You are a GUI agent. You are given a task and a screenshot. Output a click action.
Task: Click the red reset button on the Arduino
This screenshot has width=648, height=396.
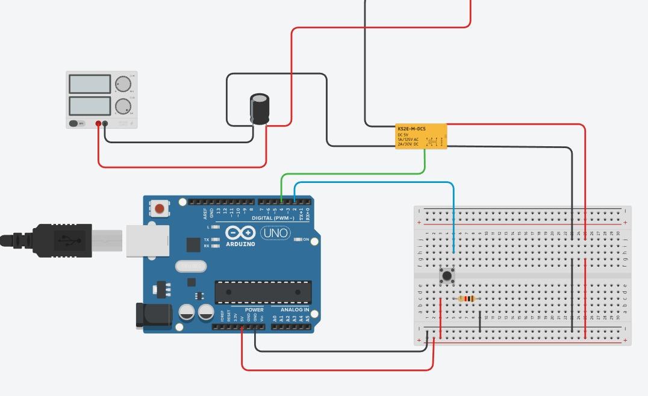coord(160,209)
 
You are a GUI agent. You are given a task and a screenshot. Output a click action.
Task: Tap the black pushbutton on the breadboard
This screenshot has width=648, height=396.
coord(447,276)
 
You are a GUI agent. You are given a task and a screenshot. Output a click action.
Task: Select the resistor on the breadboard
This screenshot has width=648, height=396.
coord(467,299)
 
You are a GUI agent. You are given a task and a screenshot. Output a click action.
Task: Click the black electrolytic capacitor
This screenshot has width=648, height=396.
coord(260,108)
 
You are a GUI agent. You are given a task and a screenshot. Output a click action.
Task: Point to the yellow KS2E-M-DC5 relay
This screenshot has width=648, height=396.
coord(421,137)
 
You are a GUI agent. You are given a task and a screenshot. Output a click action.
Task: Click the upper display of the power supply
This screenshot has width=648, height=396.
coord(90,84)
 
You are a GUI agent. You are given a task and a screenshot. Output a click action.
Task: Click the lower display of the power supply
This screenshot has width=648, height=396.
coord(90,106)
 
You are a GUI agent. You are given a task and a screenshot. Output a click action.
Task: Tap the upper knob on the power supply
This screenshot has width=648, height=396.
coord(123,84)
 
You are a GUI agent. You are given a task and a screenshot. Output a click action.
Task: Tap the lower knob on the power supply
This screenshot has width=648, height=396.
coord(123,106)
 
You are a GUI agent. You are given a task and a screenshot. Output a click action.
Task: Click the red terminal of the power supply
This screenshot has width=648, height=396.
coord(98,123)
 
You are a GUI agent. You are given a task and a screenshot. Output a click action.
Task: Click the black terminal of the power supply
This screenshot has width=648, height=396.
coord(105,123)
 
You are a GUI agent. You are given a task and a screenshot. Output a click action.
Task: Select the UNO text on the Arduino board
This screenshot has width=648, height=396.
coord(275,233)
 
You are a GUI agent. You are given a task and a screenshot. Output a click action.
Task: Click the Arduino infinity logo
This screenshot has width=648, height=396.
coord(240,233)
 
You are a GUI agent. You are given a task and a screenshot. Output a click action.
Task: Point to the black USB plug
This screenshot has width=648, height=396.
coord(60,240)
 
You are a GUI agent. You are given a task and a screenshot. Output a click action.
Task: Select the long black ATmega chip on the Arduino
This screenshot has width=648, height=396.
coord(263,292)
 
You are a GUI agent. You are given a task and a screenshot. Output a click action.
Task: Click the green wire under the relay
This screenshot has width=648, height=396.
coord(361,173)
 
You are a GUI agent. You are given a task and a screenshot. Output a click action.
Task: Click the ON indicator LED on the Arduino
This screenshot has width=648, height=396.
coord(298,240)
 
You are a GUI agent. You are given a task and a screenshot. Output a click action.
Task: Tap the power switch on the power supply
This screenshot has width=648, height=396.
coord(74,123)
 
